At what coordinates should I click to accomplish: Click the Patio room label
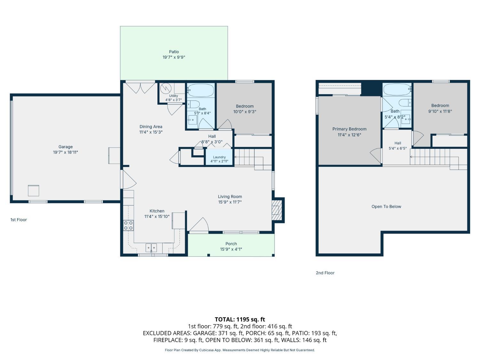[174, 52]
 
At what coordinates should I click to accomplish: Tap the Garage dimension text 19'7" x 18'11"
[65, 152]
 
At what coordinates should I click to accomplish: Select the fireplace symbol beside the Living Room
[277, 210]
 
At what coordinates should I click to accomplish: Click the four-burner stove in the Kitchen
[128, 225]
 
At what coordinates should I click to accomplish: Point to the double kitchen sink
[151, 248]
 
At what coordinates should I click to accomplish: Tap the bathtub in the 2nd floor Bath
[397, 89]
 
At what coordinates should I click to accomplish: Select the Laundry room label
[219, 157]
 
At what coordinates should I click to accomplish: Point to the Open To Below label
[386, 206]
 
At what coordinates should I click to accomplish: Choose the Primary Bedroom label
[349, 129]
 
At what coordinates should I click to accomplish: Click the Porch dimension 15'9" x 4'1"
[231, 249]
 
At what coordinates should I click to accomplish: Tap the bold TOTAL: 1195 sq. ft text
[240, 319]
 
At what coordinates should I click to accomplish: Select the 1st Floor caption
[19, 220]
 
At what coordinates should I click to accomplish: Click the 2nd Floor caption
[325, 273]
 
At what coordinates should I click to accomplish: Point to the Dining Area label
[151, 126]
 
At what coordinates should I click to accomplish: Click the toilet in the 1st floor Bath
[193, 104]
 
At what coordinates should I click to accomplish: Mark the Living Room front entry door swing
[199, 224]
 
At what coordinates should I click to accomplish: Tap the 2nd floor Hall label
[398, 143]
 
